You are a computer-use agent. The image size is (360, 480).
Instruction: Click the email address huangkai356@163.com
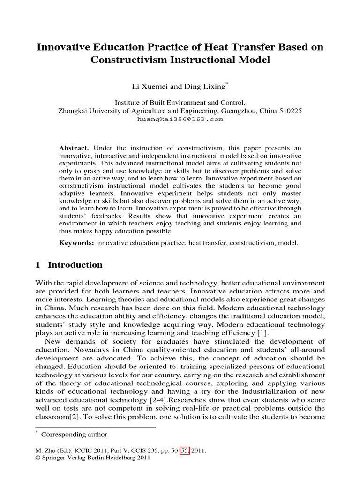tap(180, 119)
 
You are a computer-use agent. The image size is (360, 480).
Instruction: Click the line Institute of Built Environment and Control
tap(180, 103)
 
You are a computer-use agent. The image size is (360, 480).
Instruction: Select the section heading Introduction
tap(75, 265)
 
